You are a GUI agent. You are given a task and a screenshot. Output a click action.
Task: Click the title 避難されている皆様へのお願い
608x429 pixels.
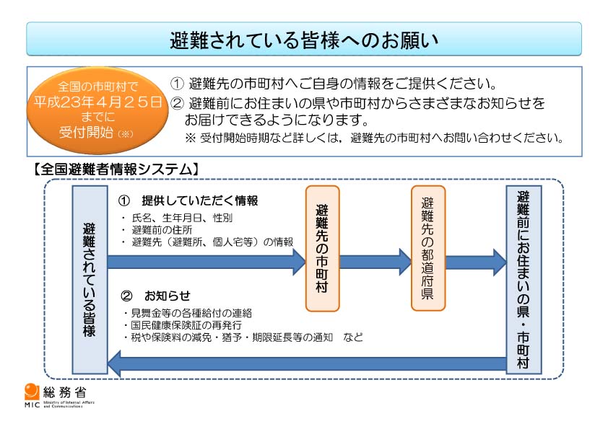304,39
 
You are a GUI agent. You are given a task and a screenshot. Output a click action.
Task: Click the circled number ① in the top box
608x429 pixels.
177,84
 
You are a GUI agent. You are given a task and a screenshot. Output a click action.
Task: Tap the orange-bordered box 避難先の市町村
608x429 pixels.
322,248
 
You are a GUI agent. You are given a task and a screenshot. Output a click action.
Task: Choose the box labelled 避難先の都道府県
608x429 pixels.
428,248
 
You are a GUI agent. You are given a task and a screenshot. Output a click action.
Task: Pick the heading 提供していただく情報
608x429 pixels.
199,200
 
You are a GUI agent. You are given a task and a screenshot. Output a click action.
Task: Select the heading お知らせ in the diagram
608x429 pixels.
167,296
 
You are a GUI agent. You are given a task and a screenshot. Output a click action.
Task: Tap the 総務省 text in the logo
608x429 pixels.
64,392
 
